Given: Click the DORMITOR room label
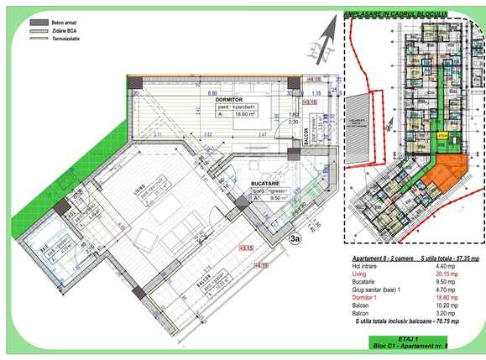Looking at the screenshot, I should (x=228, y=99).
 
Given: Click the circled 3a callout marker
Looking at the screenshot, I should (x=295, y=237).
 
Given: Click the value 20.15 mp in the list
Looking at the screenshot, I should (x=446, y=274).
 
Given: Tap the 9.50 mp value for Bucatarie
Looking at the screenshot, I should (x=446, y=281).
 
